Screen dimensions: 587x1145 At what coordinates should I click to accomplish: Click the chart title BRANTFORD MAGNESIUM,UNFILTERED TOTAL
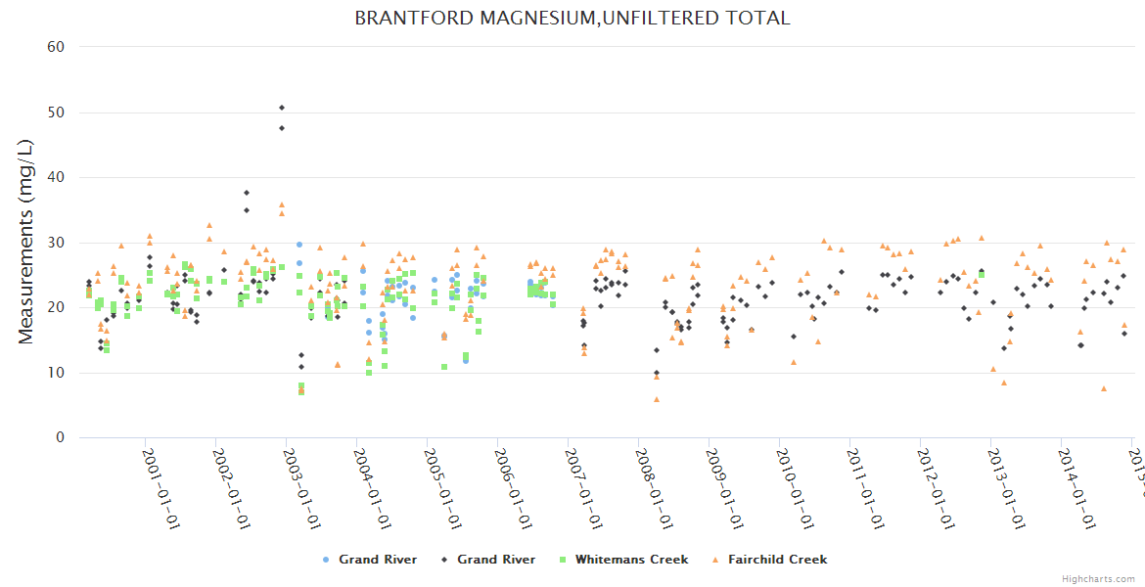point(572,19)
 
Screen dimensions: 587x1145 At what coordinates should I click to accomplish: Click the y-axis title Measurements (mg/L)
point(26,242)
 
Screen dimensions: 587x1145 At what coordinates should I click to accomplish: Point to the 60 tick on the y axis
point(57,47)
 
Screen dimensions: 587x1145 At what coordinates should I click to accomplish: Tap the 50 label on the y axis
point(57,113)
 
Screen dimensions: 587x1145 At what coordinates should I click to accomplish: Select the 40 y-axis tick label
point(57,177)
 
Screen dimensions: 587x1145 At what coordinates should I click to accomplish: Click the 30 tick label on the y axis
point(57,243)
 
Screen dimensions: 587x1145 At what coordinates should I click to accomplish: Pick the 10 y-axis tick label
point(57,373)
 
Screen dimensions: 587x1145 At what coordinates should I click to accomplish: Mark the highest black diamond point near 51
point(282,108)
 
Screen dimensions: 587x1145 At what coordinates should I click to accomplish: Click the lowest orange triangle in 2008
point(657,399)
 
